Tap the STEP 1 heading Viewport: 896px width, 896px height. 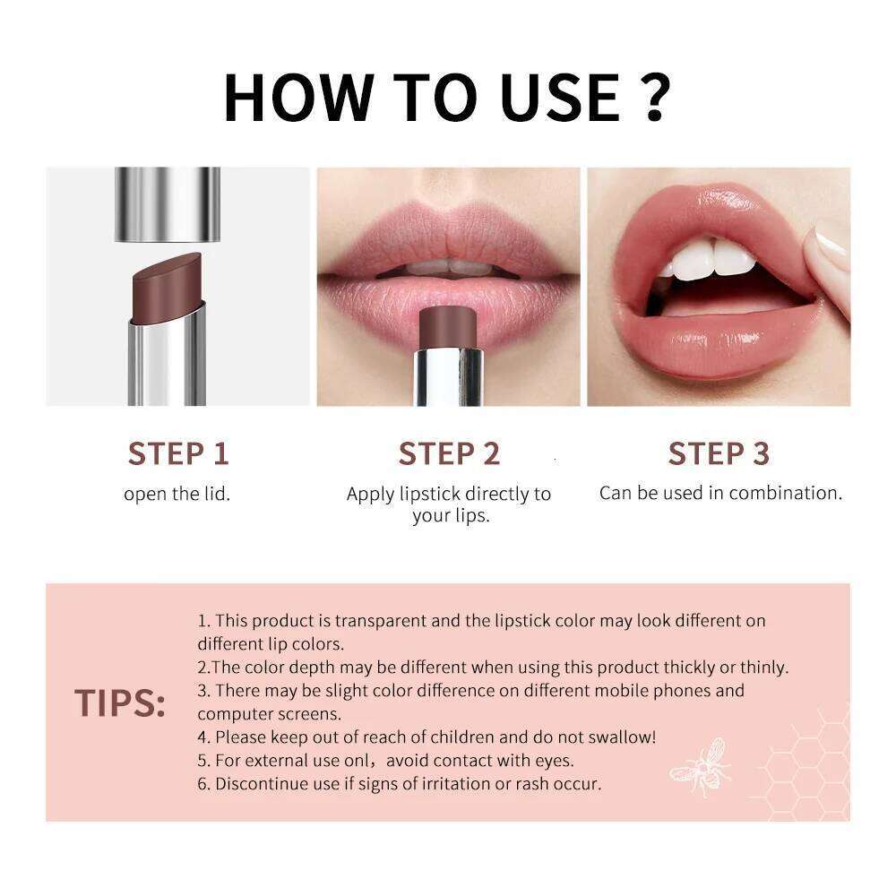pos(178,453)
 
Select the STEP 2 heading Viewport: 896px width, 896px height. pos(449,453)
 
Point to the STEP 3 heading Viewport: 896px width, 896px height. pos(719,453)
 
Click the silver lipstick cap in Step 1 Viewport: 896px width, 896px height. pos(168,204)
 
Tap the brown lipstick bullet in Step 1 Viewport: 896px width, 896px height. pos(168,287)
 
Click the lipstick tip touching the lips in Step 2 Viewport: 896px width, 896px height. pos(448,327)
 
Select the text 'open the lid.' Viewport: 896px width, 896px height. pos(177,494)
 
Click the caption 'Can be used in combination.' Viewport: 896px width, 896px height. pos(720,493)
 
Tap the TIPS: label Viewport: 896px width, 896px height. pos(120,703)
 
